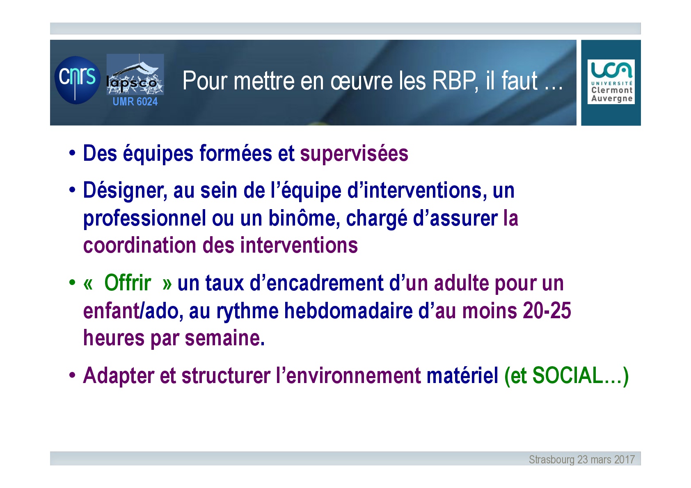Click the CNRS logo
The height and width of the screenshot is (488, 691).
(x=78, y=80)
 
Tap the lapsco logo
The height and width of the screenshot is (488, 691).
(x=135, y=74)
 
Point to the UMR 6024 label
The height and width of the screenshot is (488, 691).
(x=135, y=101)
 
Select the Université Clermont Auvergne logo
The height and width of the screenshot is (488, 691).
(x=611, y=82)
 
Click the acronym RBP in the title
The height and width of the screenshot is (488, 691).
(x=455, y=81)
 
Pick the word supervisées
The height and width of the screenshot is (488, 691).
(x=354, y=153)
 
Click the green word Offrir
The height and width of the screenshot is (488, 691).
(x=128, y=283)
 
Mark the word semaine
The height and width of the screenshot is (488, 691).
(x=224, y=338)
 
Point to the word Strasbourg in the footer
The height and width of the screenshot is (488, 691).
(x=551, y=459)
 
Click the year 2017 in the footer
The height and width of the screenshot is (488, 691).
(x=625, y=459)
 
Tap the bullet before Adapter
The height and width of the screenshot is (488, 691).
(x=72, y=375)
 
